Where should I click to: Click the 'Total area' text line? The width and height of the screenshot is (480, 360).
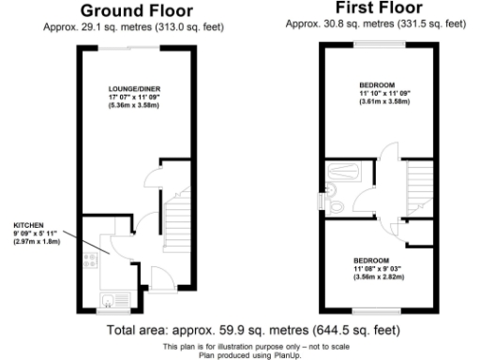(x=254, y=330)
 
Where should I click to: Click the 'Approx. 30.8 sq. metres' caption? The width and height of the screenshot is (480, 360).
(x=374, y=24)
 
